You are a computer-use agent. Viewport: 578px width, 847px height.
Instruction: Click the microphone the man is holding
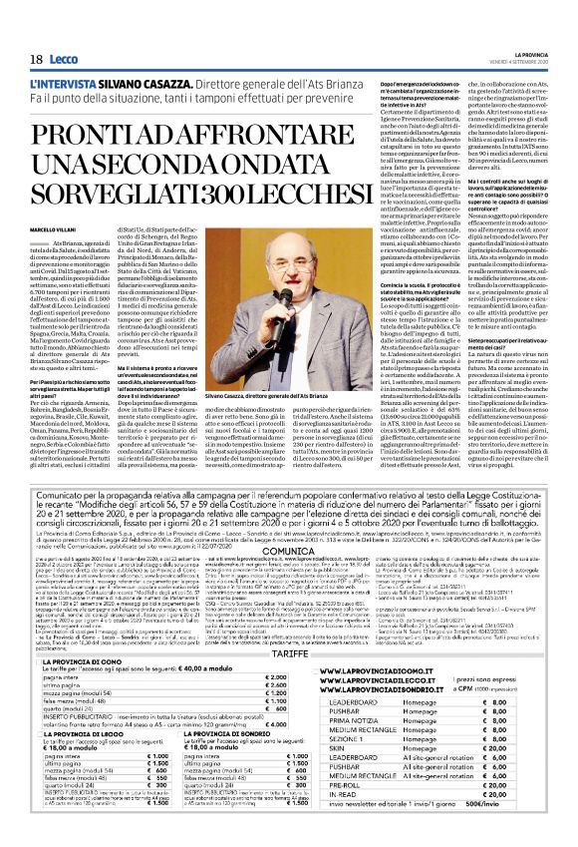click(260, 294)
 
